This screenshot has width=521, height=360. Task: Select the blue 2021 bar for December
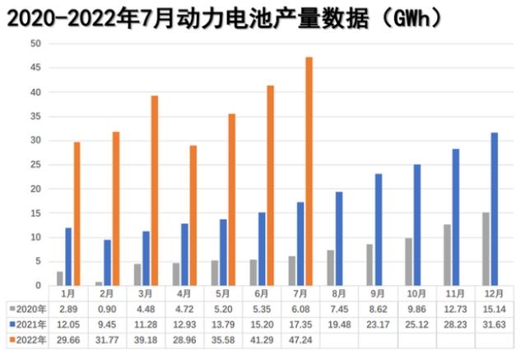[494, 209]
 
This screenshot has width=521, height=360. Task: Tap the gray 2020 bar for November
[447, 255]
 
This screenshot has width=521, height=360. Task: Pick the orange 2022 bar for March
[154, 190]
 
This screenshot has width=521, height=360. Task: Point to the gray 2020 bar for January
[59, 278]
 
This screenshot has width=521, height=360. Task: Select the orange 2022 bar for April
[193, 215]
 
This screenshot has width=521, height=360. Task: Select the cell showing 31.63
[494, 322]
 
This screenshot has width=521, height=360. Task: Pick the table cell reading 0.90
[107, 307]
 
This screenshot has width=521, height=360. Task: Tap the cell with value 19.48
[339, 322]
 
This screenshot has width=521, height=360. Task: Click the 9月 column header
[378, 292]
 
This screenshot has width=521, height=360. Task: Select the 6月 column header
[262, 292]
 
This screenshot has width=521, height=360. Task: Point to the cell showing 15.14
[494, 307]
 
